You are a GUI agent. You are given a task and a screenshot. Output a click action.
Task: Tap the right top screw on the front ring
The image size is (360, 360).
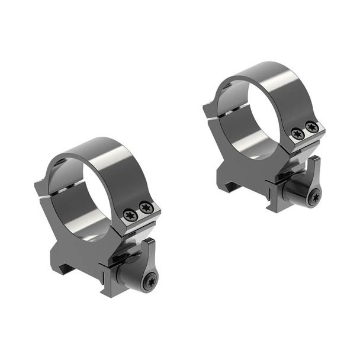(145, 207)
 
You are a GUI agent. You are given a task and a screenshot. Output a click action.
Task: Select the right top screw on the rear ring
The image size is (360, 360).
(312, 127)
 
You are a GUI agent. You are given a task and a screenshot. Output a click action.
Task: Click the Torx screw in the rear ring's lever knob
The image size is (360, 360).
(314, 198)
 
